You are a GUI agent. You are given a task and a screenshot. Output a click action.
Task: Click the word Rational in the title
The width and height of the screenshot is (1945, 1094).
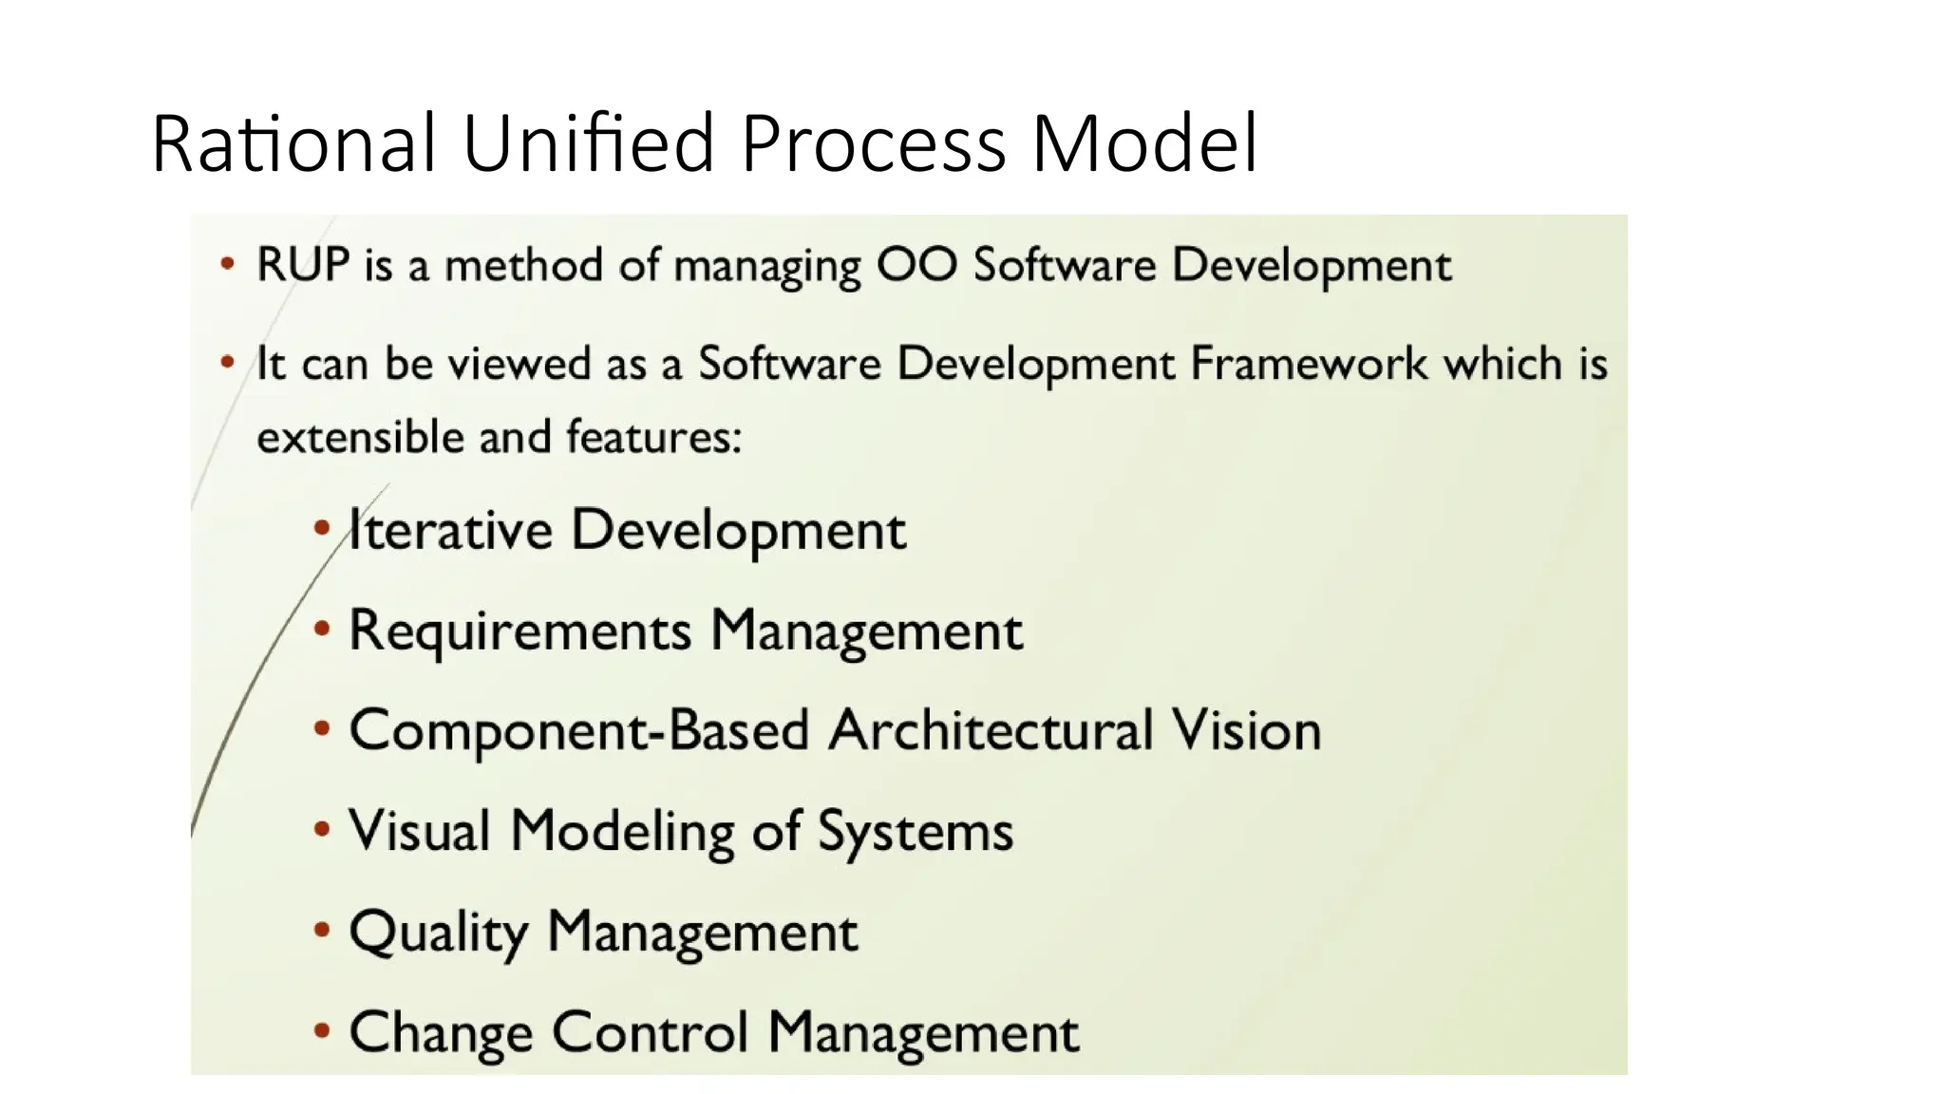point(293,144)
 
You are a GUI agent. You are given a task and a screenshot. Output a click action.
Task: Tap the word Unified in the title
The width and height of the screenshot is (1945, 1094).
point(588,144)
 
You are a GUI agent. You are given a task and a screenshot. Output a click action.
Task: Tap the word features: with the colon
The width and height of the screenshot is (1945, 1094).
point(653,438)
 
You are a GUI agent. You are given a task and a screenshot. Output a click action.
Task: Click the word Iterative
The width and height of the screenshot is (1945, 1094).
point(450,530)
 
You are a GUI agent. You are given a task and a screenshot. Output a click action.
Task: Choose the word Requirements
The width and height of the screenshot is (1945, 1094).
point(520,631)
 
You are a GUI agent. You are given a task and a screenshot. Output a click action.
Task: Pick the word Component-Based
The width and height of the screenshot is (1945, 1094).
point(579,731)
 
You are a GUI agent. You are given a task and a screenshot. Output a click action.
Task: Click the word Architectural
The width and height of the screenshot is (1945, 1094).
point(991,731)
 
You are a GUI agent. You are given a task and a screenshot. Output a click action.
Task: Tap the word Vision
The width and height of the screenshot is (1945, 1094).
point(1245,731)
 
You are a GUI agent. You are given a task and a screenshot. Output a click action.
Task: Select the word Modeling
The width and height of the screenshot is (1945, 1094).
point(622,832)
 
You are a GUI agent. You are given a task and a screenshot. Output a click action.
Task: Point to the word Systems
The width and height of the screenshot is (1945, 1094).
point(916,832)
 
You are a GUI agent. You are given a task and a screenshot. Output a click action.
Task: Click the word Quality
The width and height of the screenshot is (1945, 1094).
point(438,933)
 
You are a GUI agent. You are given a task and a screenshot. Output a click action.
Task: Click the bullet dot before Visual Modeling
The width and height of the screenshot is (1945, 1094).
point(322,830)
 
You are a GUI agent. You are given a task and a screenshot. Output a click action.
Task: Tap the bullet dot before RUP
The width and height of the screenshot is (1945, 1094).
point(227,263)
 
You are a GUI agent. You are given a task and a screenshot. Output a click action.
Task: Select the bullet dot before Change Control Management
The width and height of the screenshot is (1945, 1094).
point(322,1031)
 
